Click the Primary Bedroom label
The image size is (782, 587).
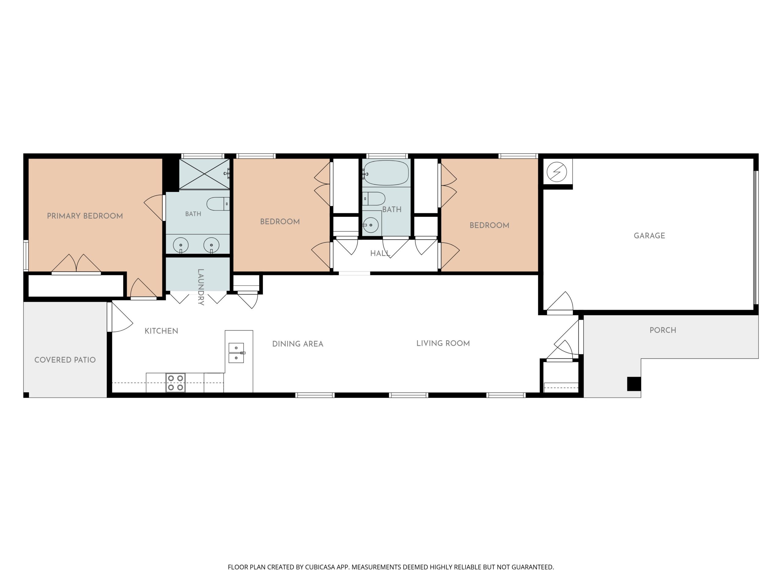coord(85,216)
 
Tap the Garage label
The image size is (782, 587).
coord(649,236)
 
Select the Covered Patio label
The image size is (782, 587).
coord(65,360)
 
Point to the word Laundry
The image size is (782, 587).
coord(200,287)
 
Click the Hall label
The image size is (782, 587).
coord(380,253)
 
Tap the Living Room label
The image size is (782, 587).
coord(443,343)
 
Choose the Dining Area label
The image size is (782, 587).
coord(298,344)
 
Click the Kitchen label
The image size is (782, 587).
coord(161,331)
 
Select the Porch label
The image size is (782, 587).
coord(663,330)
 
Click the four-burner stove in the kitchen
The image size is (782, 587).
coord(176,383)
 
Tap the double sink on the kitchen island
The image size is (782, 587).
coord(236,353)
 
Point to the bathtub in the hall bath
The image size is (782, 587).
coord(386,173)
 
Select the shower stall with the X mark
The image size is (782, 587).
coord(204,174)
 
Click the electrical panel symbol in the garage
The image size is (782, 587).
coord(557,172)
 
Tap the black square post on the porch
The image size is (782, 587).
coord(634,384)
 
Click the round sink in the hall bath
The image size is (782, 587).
coord(371,225)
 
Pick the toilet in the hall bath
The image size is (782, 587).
coord(374,199)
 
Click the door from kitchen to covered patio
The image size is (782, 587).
coord(120,317)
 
